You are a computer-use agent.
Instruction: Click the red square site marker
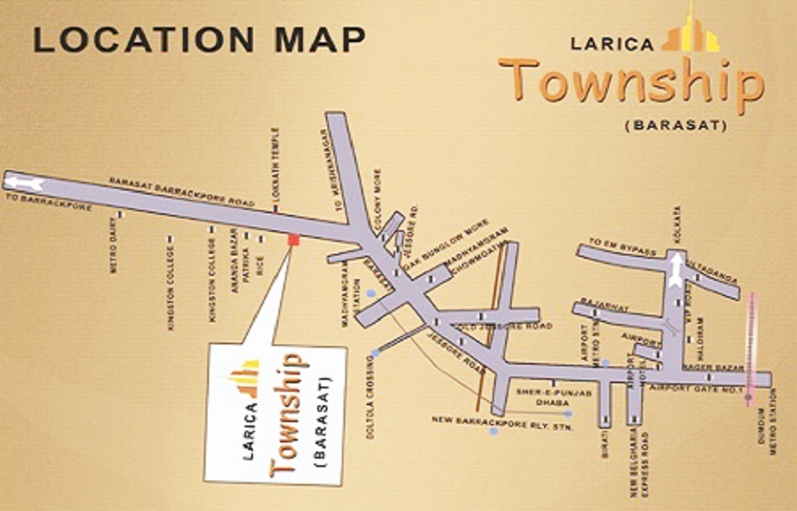tap(294, 239)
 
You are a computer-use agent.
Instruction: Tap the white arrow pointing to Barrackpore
tap(25, 182)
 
